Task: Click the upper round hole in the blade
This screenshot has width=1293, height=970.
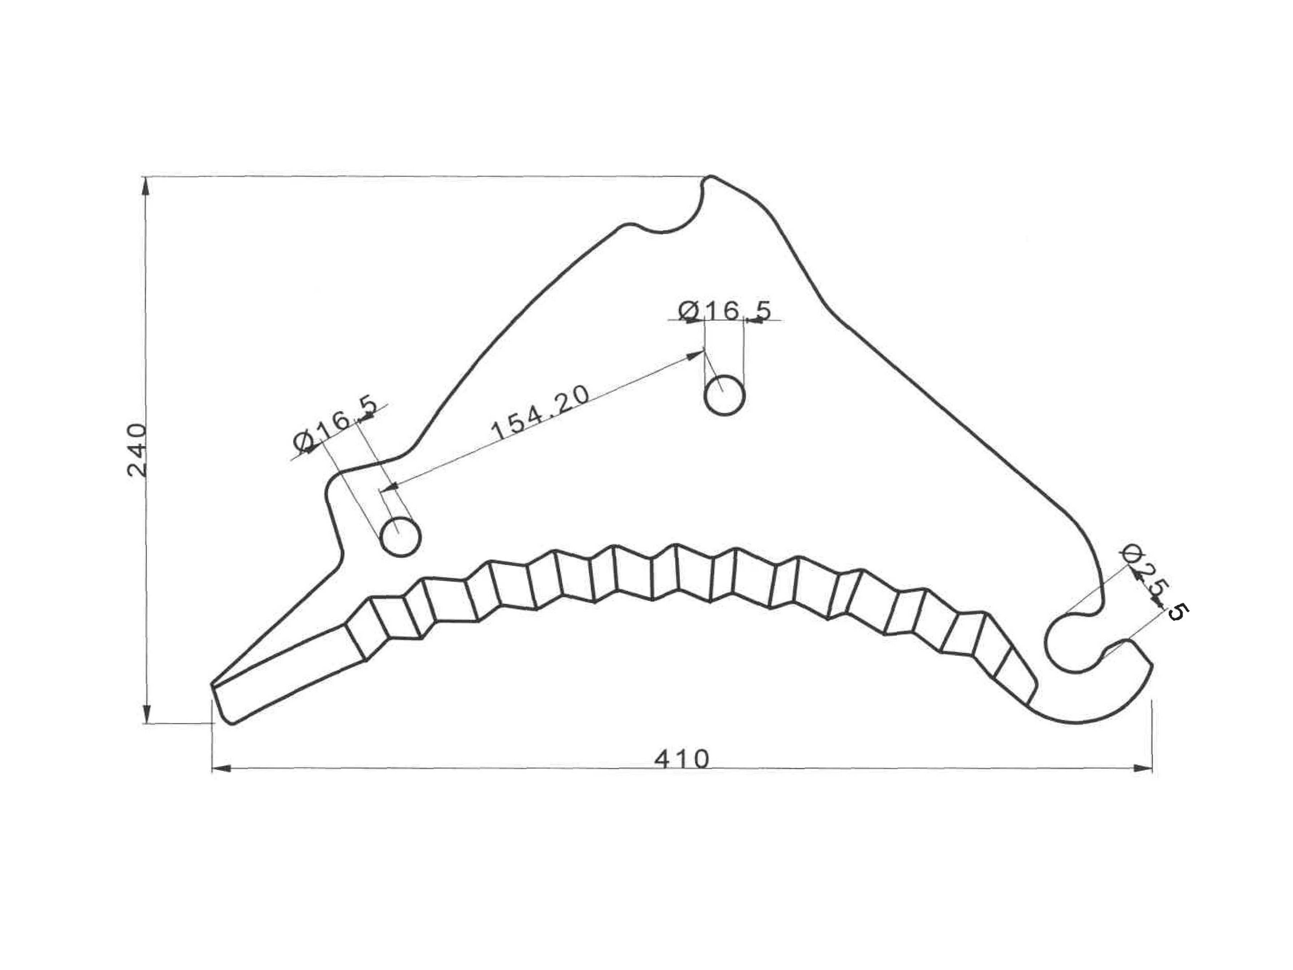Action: pyautogui.click(x=725, y=395)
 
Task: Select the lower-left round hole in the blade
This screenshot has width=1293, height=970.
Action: pyautogui.click(x=400, y=536)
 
